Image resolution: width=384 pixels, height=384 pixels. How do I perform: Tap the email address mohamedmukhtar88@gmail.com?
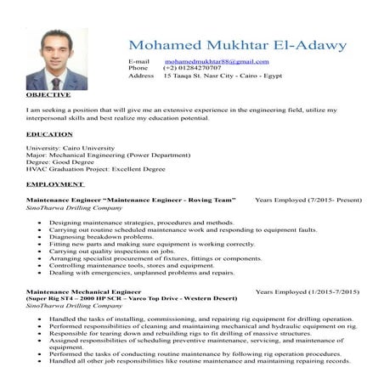pos(217,62)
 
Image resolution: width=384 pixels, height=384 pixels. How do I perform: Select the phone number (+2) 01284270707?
pos(194,69)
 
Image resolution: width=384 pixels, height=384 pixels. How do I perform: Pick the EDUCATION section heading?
pos(49,134)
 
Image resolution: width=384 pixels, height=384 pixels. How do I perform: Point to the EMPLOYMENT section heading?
pos(55,184)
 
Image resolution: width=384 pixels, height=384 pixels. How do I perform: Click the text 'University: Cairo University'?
pos(69,148)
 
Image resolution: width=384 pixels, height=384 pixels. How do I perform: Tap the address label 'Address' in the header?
pos(141,76)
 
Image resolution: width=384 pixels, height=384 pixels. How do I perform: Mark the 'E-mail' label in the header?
pos(138,62)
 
